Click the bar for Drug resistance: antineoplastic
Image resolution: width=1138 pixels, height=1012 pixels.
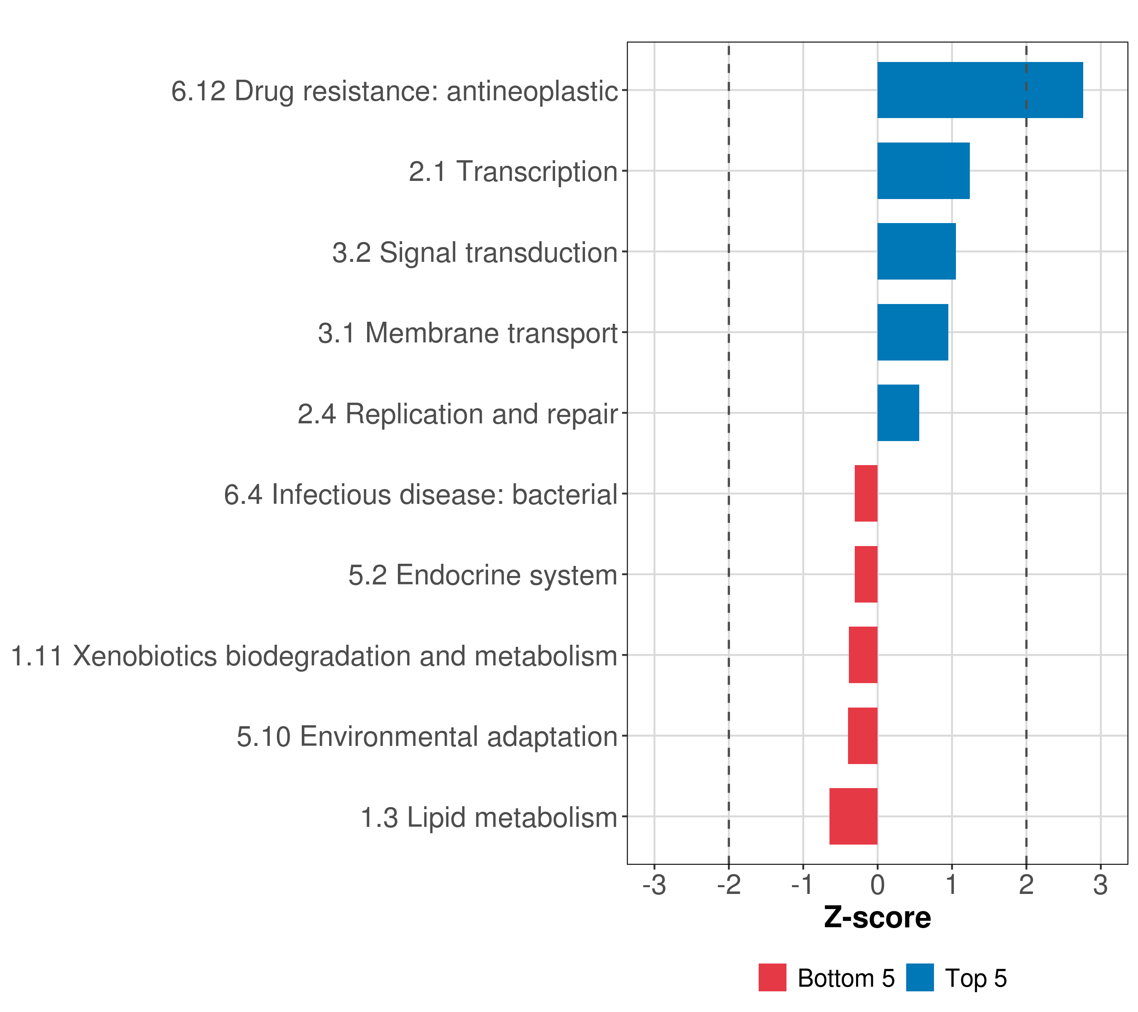pos(980,90)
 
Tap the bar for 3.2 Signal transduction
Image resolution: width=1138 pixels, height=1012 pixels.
pos(916,251)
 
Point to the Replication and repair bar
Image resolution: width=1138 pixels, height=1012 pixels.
pos(898,413)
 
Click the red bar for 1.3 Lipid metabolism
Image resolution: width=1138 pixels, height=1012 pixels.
pos(853,816)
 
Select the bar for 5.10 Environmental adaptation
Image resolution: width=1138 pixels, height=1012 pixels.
pos(862,736)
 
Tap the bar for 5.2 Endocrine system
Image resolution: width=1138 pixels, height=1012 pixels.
pos(866,574)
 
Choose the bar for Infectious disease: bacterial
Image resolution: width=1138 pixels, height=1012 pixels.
pos(866,493)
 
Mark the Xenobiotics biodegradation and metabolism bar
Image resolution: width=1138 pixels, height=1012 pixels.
pos(863,655)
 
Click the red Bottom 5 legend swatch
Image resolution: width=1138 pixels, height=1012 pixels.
pos(772,977)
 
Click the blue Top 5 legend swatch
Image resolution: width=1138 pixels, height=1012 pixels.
pos(920,977)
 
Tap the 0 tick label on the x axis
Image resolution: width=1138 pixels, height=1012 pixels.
pos(878,885)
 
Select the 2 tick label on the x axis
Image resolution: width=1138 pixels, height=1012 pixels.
pos(1026,885)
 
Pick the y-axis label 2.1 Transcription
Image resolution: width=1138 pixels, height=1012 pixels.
pos(513,172)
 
